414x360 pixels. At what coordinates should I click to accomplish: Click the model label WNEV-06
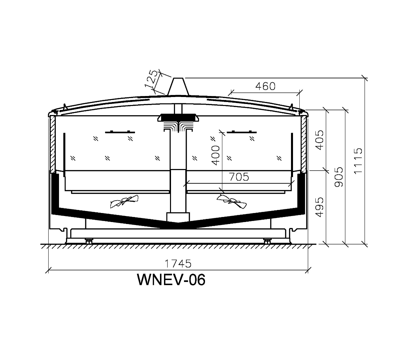pos(171,280)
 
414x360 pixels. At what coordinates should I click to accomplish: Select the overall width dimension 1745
pos(178,264)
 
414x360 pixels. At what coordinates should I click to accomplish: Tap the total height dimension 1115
pos(358,161)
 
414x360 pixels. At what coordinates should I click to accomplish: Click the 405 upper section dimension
pos(319,140)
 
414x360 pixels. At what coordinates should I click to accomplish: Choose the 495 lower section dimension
pos(319,207)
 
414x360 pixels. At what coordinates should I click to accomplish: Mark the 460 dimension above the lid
pos(265,86)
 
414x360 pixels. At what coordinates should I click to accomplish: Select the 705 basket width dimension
pos(239,177)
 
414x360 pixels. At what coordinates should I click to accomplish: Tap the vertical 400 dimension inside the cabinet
pos(216,155)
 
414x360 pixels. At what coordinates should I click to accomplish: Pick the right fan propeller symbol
pos(231,201)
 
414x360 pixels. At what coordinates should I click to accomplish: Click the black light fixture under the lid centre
pos(178,117)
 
